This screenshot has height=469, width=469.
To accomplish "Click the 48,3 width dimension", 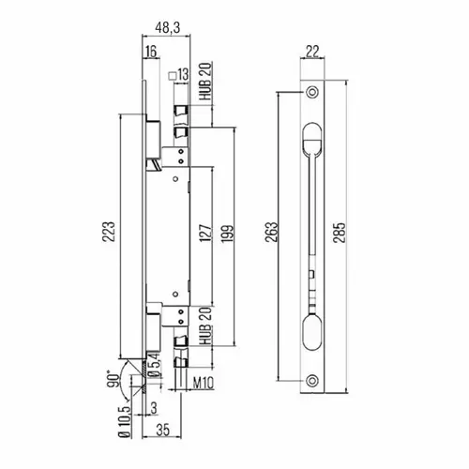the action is click(168, 27).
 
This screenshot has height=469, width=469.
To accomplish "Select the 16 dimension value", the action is click(151, 51).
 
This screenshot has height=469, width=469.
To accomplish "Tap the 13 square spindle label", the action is click(179, 75).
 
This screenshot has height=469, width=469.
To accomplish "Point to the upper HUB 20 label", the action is click(206, 82).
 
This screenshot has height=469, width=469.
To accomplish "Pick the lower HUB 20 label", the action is click(206, 326).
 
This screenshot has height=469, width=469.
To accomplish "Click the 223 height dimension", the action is click(109, 232).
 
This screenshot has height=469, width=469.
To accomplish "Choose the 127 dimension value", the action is click(205, 233).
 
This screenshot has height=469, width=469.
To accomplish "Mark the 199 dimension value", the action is click(227, 234).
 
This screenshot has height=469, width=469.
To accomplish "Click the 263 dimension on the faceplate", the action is click(271, 232).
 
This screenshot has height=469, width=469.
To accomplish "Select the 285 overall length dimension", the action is click(340, 233).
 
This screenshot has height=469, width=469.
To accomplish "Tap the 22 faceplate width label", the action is click(312, 52).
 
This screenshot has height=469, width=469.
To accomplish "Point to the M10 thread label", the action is click(204, 383).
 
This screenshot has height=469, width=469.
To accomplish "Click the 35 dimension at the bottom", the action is click(163, 430).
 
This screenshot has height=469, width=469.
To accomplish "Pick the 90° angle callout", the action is click(113, 379).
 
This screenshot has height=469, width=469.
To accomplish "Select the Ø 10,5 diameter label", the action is click(125, 422).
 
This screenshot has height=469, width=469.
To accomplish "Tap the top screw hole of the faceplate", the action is click(311, 92).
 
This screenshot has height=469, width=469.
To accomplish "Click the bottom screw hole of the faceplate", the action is click(311, 381).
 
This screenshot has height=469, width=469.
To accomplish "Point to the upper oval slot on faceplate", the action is click(312, 139).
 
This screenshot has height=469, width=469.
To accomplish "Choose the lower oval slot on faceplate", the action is click(312, 334).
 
